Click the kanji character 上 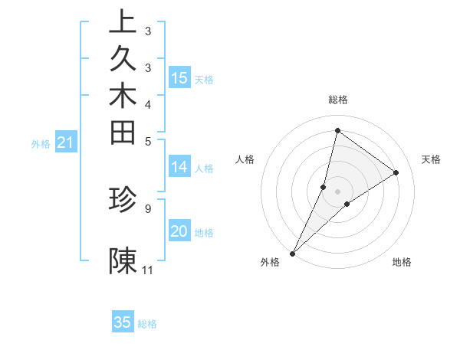click(x=123, y=22)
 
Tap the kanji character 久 click(x=123, y=59)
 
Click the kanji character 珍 click(x=123, y=199)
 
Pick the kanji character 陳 click(x=123, y=260)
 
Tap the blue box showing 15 click(x=179, y=77)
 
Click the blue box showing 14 click(x=179, y=166)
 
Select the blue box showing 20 click(x=179, y=231)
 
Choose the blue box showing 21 click(x=66, y=142)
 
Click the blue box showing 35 click(x=123, y=322)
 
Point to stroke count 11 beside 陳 click(x=148, y=270)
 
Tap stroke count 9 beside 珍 click(x=147, y=208)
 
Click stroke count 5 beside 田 click(x=147, y=140)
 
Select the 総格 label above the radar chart click(x=338, y=100)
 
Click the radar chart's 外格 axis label click(x=270, y=262)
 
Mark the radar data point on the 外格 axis click(x=293, y=253)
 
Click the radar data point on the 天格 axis click(x=396, y=172)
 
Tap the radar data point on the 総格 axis click(x=337, y=130)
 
